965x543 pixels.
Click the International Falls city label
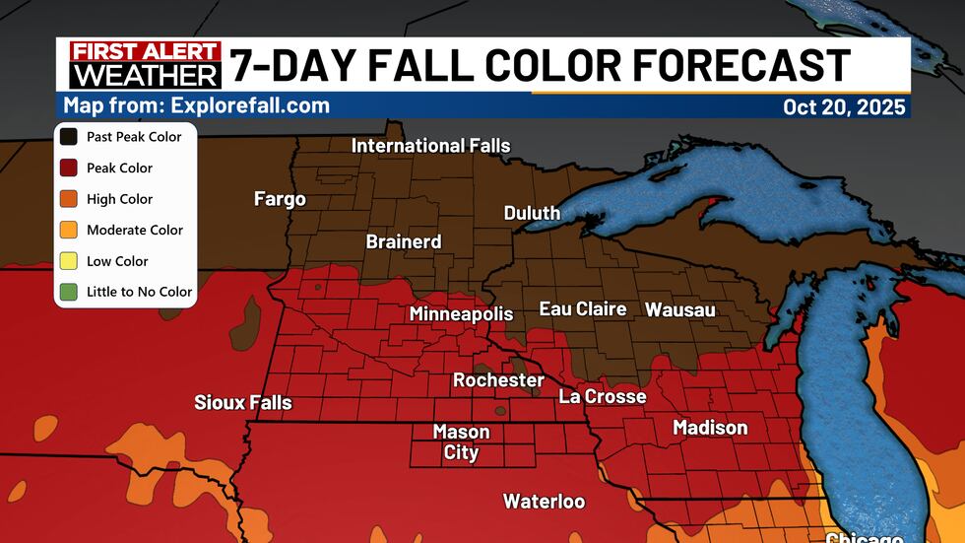coord(431,146)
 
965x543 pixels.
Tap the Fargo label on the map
coord(280,199)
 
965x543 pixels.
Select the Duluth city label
coord(532,213)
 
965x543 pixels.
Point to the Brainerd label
coord(404,241)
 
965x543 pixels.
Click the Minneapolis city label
coord(461,314)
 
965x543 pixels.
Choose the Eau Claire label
coord(583,309)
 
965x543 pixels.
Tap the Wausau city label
coord(679,309)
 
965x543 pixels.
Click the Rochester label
coord(498,379)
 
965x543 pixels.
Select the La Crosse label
coord(603,396)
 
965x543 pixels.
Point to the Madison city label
coord(710,428)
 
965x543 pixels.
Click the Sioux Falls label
coord(243,402)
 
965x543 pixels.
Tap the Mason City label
coord(461,442)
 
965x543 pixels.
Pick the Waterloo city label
coord(544,502)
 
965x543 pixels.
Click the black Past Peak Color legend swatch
coord(71,137)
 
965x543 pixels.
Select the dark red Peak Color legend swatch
coord(71,169)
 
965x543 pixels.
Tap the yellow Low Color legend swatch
coord(71,261)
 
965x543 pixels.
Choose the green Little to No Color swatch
coord(71,292)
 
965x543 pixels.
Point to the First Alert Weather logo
coord(145,64)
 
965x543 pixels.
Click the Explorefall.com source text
coord(197,105)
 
